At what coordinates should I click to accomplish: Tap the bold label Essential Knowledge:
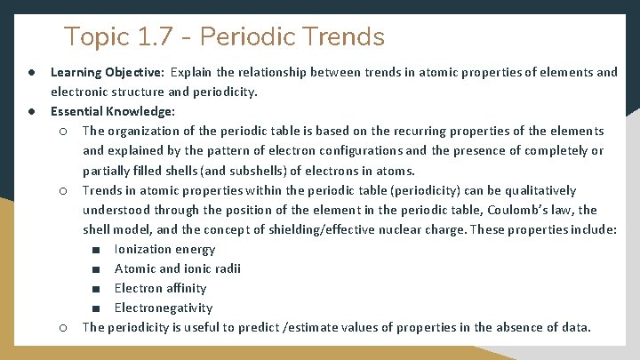[x=113, y=111]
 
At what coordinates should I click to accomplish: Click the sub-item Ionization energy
[x=164, y=249]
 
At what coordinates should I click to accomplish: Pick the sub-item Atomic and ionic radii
[x=178, y=268]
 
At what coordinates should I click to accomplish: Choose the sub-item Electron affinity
[x=160, y=288]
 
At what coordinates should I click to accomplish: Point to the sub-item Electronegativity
[x=164, y=308]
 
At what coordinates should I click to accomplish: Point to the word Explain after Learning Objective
[x=193, y=72]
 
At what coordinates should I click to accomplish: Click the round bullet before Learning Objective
[x=31, y=72]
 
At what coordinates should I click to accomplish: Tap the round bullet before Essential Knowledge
[x=31, y=111]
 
